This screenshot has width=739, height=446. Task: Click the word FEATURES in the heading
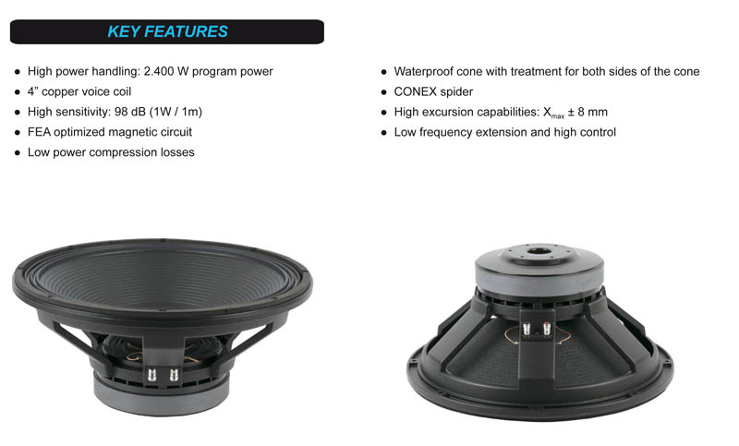point(186,31)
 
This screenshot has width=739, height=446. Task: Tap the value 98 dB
point(130,112)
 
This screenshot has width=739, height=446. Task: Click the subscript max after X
point(558,115)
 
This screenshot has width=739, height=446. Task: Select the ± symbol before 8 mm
point(571,112)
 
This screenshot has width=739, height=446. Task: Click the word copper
point(59,91)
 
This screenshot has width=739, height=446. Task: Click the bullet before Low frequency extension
point(383,133)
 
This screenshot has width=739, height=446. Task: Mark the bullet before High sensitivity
point(18,113)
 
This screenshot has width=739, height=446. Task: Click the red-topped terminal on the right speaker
point(547,327)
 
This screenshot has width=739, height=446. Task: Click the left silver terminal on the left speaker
point(151,375)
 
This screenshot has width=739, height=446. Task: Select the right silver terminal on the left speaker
point(174,375)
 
